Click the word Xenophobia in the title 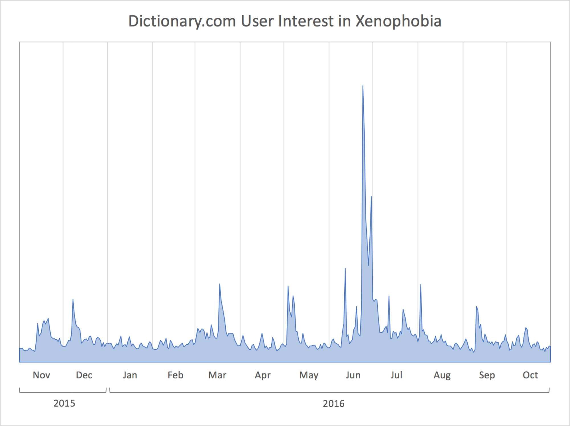(x=398, y=21)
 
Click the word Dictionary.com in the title (x=182, y=21)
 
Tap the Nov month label (x=41, y=375)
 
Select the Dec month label (x=84, y=375)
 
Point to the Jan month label (x=130, y=375)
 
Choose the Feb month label (x=175, y=375)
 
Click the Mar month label (x=217, y=375)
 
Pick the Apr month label (x=262, y=375)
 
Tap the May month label (x=309, y=375)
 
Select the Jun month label (x=353, y=375)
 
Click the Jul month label (x=396, y=375)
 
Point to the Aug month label (x=442, y=375)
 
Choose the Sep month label (x=487, y=375)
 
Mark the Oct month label (x=530, y=375)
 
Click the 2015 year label (x=64, y=403)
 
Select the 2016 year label (x=333, y=403)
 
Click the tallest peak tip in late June (x=363, y=86)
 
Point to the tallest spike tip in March (x=219, y=284)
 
